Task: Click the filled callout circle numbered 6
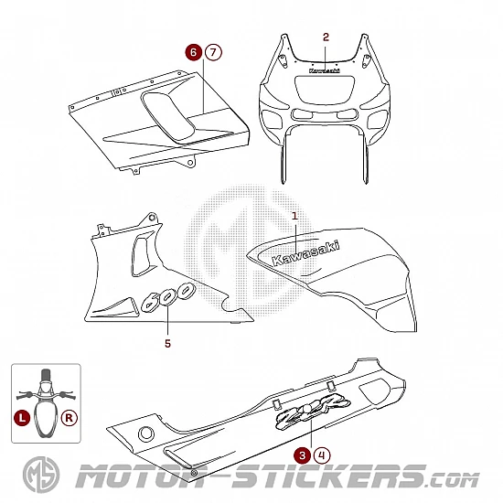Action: coord(194,52)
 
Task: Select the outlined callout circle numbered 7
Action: coord(213,52)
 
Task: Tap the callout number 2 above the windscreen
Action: coord(326,37)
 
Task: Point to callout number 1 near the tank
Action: coord(294,216)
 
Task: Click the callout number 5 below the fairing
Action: coord(167,344)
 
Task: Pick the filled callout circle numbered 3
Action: coord(302,455)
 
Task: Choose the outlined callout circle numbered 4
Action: coord(322,455)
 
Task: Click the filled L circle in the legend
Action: coord(22,418)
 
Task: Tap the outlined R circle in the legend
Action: coord(70,418)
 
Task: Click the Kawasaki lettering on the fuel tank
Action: coord(305,253)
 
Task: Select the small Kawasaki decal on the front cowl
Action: coord(325,70)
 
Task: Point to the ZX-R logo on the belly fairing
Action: coord(313,411)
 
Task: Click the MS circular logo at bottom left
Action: coord(41,475)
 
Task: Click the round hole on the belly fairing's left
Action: coord(146,434)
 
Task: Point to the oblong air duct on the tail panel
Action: coord(169,117)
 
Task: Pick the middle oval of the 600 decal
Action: coord(166,298)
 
